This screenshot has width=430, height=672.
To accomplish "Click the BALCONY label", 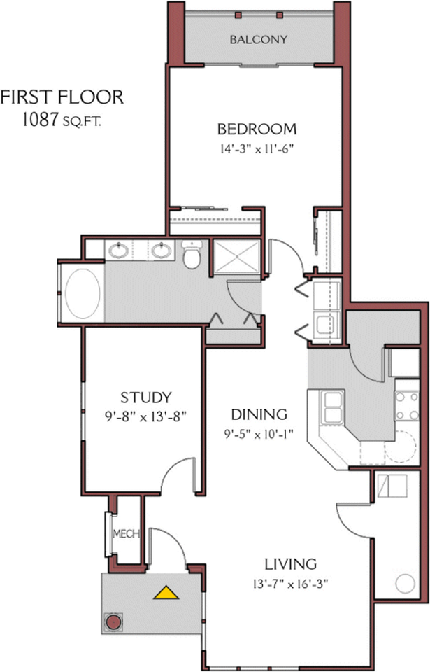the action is tap(258, 40).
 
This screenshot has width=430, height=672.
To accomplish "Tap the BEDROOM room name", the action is tap(257, 129).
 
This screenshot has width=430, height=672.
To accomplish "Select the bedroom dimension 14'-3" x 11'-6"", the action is tap(258, 149).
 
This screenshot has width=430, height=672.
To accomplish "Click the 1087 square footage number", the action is tap(39, 120).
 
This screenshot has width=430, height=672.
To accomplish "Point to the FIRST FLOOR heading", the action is tap(62, 97).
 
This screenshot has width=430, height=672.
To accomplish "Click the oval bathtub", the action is tap(83, 293).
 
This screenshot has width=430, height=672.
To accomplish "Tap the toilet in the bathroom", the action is tap(192, 255).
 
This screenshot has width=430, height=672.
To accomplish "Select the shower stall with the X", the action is tap(237, 257).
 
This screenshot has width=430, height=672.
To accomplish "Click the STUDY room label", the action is tap(145, 398).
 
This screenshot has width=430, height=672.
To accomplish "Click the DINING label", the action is tap(259, 414).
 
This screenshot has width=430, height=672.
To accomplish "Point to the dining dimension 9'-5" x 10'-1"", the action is tap(259, 434).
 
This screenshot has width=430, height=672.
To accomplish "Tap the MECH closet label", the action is tap(126, 534).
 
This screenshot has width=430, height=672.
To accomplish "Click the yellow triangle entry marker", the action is tap(166, 593).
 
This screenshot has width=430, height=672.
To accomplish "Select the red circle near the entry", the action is tap(113, 622).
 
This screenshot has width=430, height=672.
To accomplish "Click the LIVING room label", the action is tap(291, 564).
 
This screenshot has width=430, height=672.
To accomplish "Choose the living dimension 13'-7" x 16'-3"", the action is tap(291, 584).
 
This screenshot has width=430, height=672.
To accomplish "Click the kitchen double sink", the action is tap(333, 407).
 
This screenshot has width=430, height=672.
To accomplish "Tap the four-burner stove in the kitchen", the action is tap(406, 406).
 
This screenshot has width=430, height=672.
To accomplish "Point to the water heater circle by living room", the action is tap(405, 584).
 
